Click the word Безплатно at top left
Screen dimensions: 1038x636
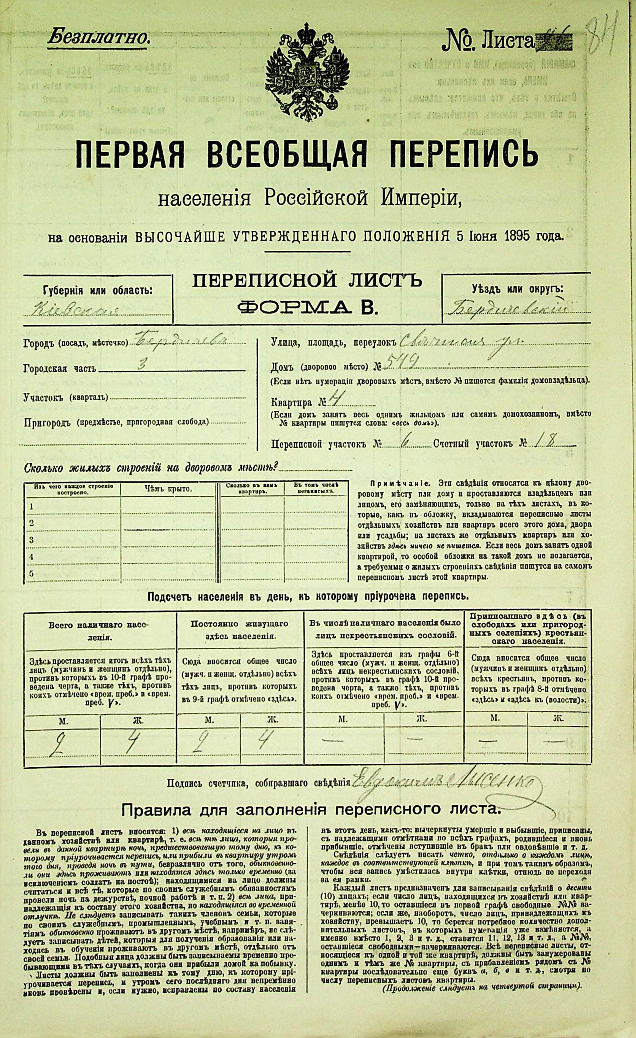click(x=98, y=38)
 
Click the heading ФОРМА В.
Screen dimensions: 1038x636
click(x=307, y=308)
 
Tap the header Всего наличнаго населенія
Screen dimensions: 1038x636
click(x=99, y=629)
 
